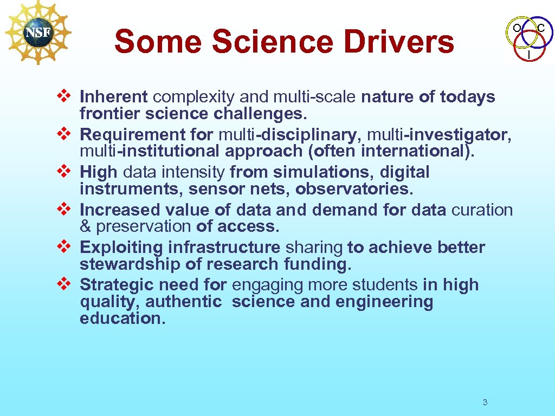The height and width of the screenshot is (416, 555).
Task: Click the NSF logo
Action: (38, 32)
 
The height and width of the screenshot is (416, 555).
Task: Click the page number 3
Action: (485, 402)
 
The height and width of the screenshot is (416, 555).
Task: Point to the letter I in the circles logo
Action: (528, 55)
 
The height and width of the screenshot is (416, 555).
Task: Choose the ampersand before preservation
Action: (85, 226)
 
